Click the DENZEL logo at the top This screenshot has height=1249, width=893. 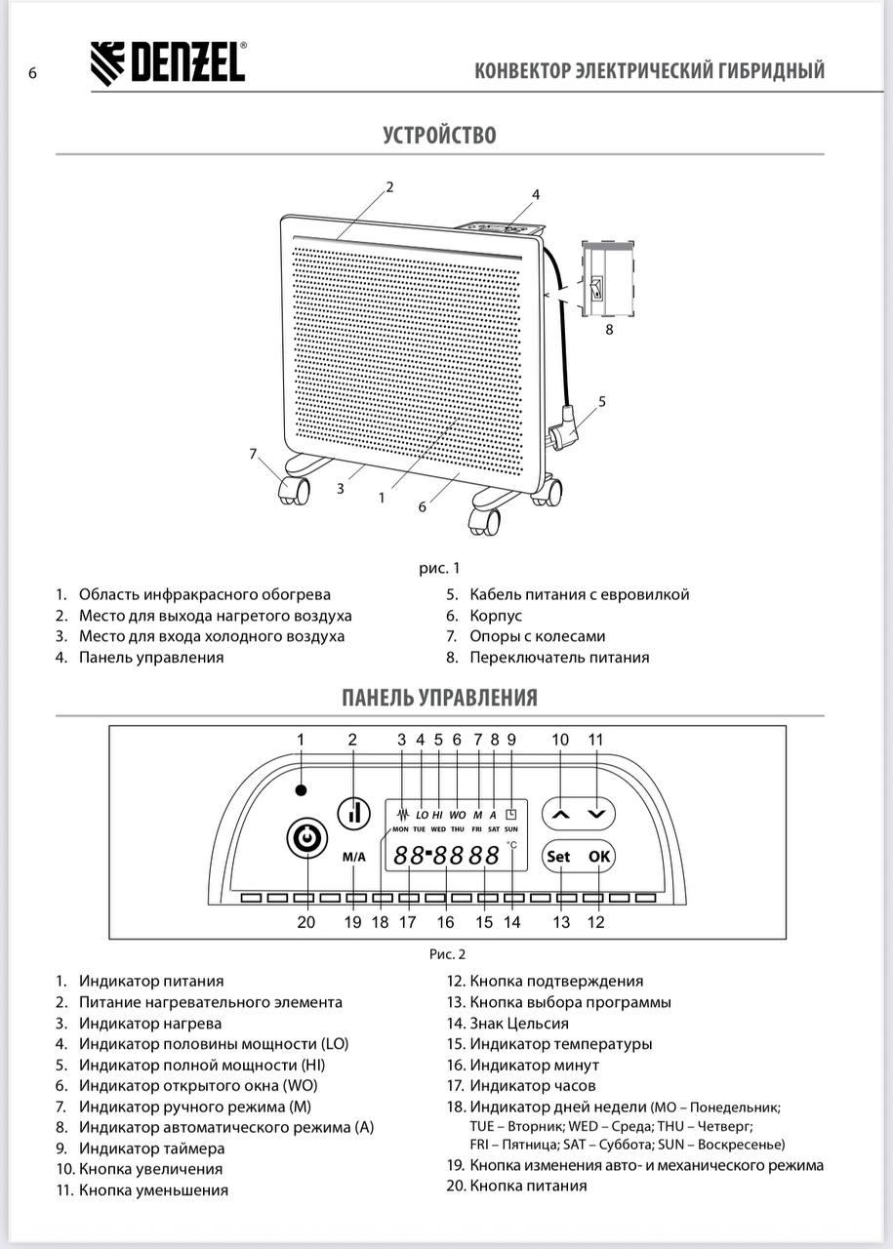(168, 63)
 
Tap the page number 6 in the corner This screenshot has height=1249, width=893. (32, 73)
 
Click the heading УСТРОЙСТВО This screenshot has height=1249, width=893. (439, 135)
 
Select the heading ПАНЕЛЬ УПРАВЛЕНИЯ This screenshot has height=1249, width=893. (439, 698)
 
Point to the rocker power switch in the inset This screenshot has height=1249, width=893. (598, 288)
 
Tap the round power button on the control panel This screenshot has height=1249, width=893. (306, 838)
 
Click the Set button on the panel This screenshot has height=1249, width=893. (559, 857)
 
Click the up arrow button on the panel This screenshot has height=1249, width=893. (560, 815)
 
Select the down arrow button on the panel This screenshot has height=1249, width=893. (596, 815)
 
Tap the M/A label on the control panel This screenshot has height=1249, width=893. (353, 857)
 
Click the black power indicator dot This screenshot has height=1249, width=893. (302, 790)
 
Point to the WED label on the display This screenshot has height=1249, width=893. (438, 829)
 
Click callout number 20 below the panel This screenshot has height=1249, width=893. (306, 922)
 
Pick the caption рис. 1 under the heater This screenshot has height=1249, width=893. (439, 568)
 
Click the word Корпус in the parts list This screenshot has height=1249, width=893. (496, 616)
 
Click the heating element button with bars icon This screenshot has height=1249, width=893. (354, 813)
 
